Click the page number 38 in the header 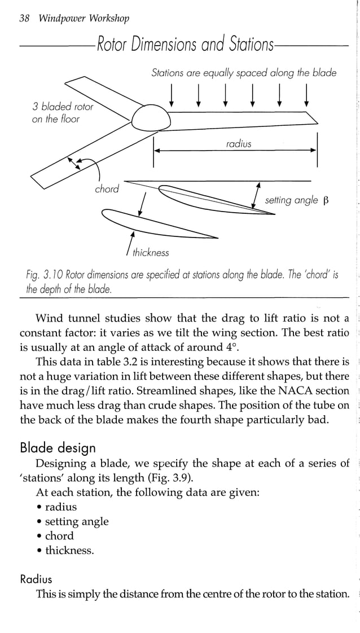24,19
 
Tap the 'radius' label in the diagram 238,144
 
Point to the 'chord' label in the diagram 107,189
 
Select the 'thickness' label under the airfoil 151,253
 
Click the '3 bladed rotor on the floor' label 63,113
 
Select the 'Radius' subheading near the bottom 36,579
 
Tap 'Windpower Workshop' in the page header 84,19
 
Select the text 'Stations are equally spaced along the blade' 244,72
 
